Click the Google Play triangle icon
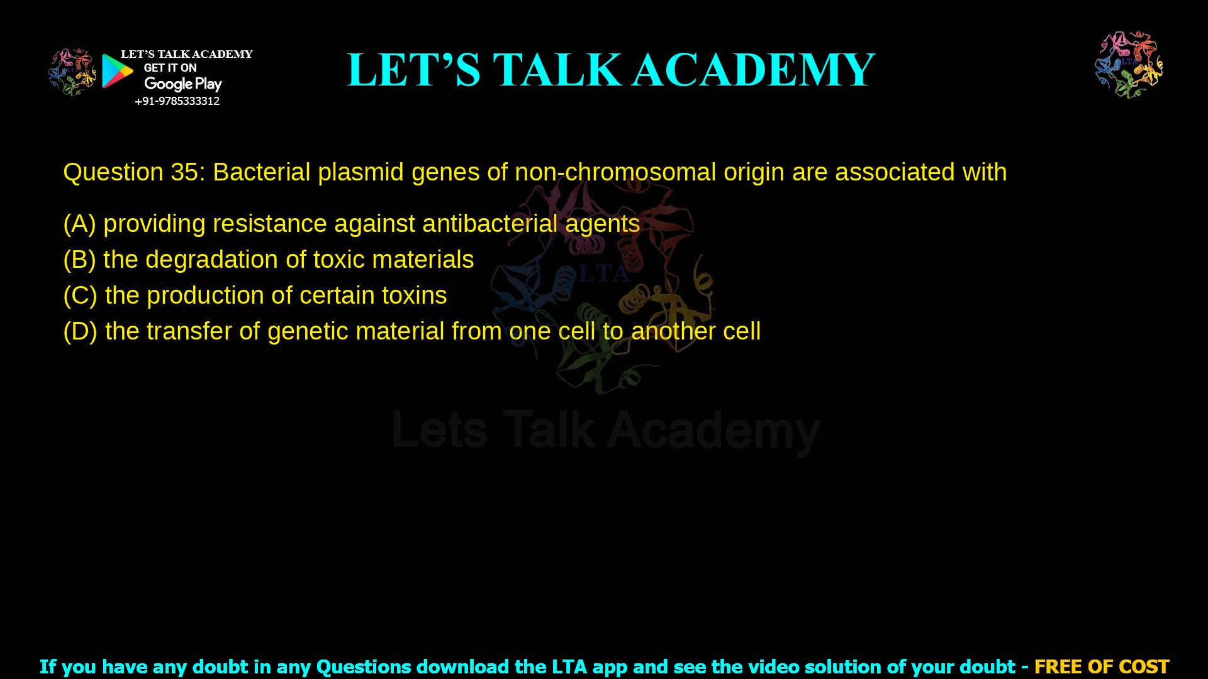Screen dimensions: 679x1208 coord(117,71)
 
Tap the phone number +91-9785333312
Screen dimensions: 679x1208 coord(177,101)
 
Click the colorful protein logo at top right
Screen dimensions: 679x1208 coord(1129,64)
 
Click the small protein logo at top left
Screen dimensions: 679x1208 coord(72,72)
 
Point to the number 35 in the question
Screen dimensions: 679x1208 coord(184,172)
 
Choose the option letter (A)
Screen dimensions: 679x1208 coord(79,224)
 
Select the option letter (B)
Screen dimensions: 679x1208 coord(79,260)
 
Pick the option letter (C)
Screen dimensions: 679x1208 coord(80,295)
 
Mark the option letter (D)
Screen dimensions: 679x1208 coord(80,331)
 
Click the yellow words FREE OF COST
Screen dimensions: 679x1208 coord(1101,666)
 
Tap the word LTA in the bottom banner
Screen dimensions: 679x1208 coord(569,666)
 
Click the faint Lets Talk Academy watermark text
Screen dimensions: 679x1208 coord(605,431)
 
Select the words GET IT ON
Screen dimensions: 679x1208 coord(170,68)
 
